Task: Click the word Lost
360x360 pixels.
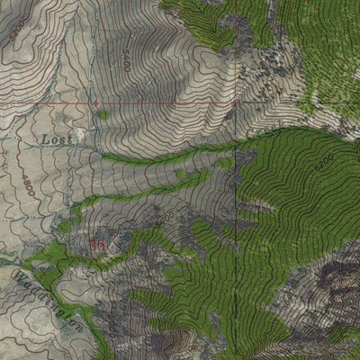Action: [55, 139]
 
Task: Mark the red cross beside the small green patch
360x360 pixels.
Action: [94, 104]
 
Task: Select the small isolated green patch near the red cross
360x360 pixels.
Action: [104, 114]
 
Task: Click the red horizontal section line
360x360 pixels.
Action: [162, 103]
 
